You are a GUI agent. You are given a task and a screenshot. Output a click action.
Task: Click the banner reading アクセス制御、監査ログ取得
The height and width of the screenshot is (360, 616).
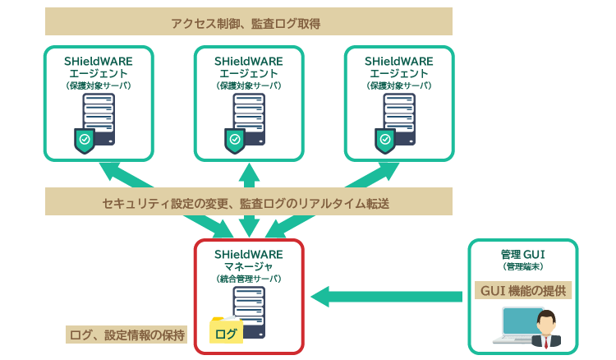point(247,22)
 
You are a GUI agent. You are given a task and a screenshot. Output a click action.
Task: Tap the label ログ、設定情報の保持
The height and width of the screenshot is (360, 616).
point(127,335)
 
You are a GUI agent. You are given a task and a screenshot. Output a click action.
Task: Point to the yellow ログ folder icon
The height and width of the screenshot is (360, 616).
point(224,331)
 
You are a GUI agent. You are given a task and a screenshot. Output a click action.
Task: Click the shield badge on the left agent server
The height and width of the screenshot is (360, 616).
point(85,141)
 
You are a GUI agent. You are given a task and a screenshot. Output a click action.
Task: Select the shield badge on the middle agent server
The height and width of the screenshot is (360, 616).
point(235,141)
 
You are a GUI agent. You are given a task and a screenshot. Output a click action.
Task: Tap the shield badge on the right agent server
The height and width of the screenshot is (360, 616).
point(385,141)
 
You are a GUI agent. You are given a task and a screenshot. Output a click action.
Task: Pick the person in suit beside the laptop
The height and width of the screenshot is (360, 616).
point(545,330)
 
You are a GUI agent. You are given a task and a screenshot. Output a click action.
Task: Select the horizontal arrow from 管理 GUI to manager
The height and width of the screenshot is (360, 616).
point(387,294)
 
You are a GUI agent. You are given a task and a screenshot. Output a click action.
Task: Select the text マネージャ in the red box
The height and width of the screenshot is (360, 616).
point(249,266)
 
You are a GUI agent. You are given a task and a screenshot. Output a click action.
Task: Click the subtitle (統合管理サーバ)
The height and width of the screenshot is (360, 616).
point(249,279)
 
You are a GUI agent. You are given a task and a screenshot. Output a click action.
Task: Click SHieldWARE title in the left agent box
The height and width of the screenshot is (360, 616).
point(99,61)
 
